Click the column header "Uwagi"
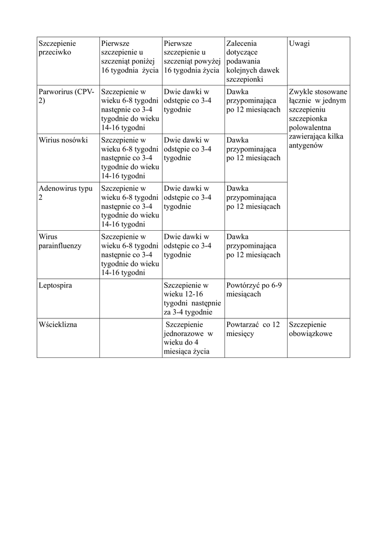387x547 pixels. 299,43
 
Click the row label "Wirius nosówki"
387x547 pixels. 63,140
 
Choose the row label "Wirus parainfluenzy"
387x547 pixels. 60,241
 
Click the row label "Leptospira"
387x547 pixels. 56,285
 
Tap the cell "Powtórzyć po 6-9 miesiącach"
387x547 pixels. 254,290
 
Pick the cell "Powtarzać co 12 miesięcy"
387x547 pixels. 253,329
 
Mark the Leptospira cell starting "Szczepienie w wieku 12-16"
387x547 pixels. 192,299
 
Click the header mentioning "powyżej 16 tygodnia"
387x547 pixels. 192,57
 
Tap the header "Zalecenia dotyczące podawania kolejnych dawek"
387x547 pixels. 253,61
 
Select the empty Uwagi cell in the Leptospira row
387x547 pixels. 318,298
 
